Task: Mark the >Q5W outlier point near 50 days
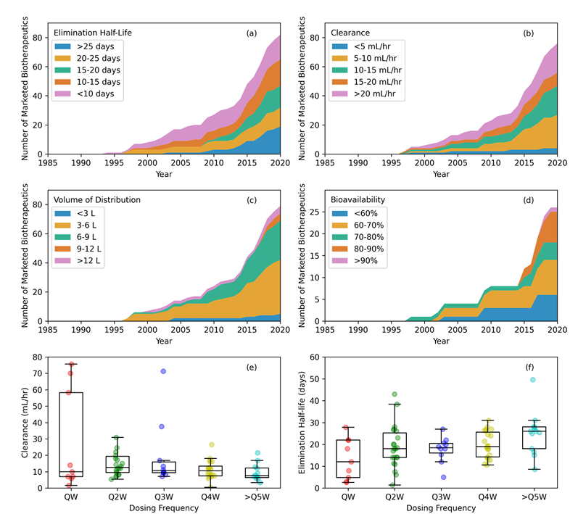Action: click(x=532, y=380)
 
